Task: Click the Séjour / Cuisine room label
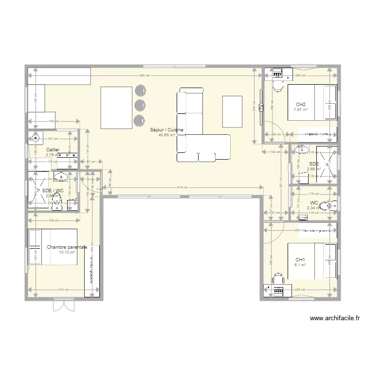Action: click(x=166, y=130)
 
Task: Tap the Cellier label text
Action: click(x=53, y=150)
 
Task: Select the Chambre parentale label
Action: click(x=67, y=247)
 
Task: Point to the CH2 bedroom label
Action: click(x=301, y=105)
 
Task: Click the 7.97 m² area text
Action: click(x=301, y=110)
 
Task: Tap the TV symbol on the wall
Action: click(x=261, y=107)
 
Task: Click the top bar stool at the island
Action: click(x=140, y=90)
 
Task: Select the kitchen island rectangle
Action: click(x=116, y=107)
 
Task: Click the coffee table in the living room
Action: click(x=232, y=111)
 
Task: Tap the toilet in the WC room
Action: click(x=331, y=207)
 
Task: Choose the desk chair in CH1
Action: click(x=278, y=280)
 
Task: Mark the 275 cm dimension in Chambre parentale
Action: click(x=63, y=290)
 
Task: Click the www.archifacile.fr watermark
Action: click(x=334, y=319)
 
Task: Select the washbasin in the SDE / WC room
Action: click(x=62, y=176)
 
